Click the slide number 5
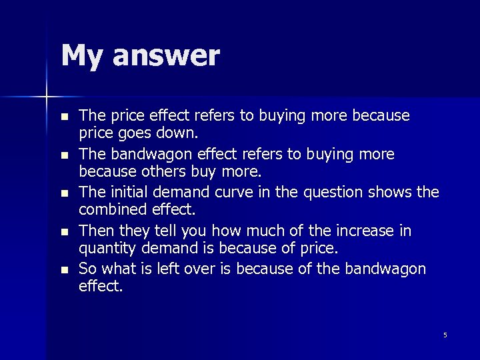(445, 335)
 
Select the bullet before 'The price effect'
(64, 117)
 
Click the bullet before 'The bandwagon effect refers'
(64, 155)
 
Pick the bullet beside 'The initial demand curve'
(64, 194)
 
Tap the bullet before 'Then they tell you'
(64, 233)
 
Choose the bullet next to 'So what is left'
(64, 271)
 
